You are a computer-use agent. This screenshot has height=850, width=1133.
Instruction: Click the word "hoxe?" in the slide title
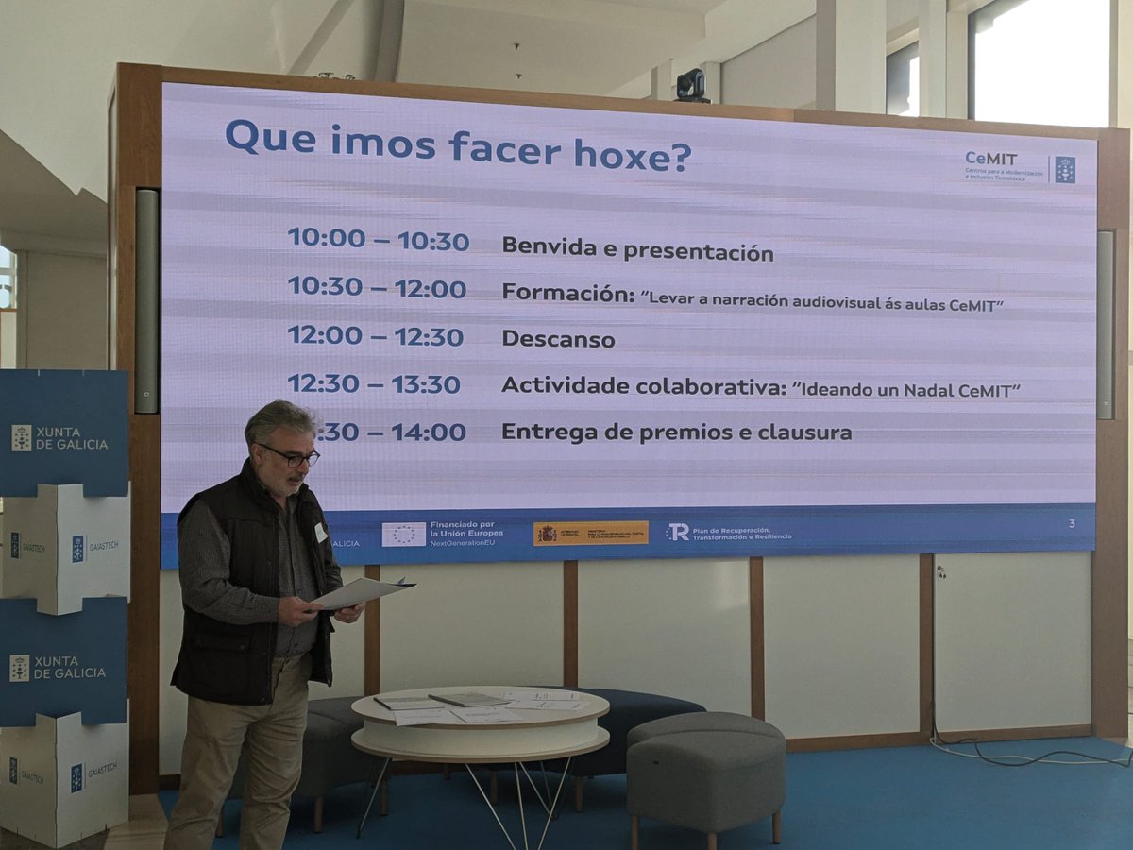pos(633,155)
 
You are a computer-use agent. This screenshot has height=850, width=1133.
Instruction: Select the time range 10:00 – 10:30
pos(378,239)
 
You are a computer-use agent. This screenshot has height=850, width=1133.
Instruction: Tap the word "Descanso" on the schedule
pos(558,338)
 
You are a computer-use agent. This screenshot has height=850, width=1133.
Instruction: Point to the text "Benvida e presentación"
pos(637,248)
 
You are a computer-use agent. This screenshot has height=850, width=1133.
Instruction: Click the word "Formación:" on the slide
pos(566,293)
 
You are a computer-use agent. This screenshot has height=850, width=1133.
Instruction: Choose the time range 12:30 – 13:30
pos(374,383)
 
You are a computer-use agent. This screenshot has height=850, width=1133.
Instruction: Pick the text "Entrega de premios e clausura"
pos(676,433)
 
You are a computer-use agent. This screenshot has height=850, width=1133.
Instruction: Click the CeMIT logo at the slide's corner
pos(1019,166)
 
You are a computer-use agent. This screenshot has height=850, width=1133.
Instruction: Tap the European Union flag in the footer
pos(403,534)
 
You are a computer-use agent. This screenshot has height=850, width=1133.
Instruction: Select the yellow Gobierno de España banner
pos(590,533)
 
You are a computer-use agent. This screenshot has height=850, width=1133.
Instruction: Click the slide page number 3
pos(1072,523)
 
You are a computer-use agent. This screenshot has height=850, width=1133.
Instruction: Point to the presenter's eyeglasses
pos(293,457)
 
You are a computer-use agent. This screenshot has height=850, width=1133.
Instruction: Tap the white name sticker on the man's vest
pos(320,532)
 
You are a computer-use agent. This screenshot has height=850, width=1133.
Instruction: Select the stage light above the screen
pos(691,85)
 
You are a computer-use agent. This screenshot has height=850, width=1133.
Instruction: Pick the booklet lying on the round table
pos(467,700)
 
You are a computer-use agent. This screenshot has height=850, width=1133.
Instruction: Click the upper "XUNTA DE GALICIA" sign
pos(63,437)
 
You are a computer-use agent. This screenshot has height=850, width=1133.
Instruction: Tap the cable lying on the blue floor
pos(1029,756)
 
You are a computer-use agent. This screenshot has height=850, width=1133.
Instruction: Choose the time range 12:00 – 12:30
pos(375,336)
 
